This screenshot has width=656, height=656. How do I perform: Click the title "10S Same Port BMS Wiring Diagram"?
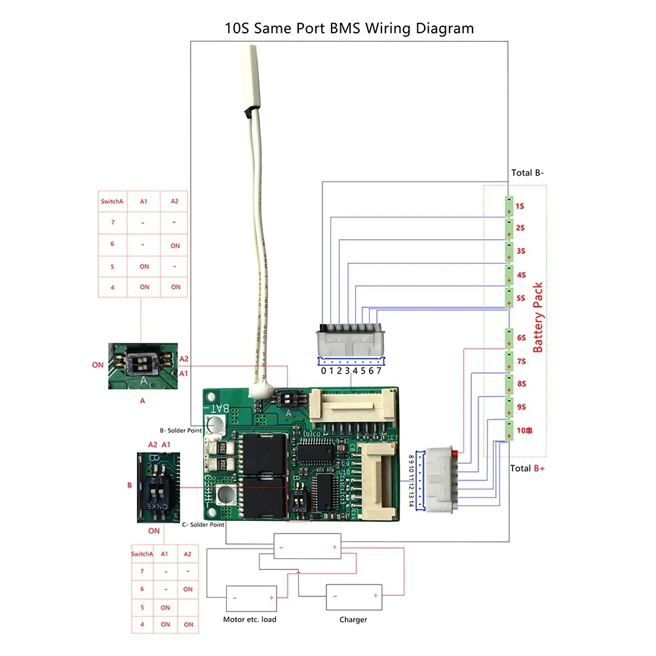pyautogui.click(x=348, y=28)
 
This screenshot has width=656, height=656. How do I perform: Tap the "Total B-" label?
pyautogui.click(x=528, y=174)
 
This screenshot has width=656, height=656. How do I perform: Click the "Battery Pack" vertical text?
pyautogui.click(x=538, y=318)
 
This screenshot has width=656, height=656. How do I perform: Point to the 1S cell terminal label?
pyautogui.click(x=520, y=206)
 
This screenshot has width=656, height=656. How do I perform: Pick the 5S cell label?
pyautogui.click(x=521, y=298)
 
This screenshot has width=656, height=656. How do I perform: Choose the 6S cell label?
pyautogui.click(x=521, y=338)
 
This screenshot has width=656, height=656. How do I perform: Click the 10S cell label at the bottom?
pyautogui.click(x=524, y=431)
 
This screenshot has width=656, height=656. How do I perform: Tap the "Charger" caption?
pyautogui.click(x=353, y=619)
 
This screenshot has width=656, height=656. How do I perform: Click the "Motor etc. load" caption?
pyautogui.click(x=250, y=619)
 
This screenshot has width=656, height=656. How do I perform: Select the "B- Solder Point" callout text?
pyautogui.click(x=181, y=431)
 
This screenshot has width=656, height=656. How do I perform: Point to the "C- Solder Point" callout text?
pyautogui.click(x=203, y=524)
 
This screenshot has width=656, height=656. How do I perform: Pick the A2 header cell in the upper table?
pyautogui.click(x=175, y=201)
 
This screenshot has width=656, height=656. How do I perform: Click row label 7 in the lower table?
pyautogui.click(x=142, y=571)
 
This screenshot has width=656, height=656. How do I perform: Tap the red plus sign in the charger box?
pyautogui.click(x=376, y=596)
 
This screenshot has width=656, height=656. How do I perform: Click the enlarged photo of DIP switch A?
pyautogui.click(x=142, y=366)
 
